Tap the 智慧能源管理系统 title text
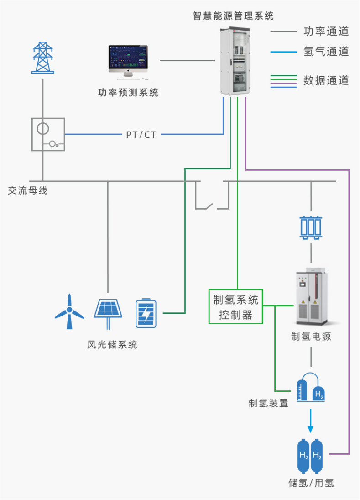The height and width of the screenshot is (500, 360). click(233, 16)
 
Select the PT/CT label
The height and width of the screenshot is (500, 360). click(141, 135)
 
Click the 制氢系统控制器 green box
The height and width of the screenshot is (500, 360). click(236, 306)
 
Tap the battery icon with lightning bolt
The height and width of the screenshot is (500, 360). click(146, 313)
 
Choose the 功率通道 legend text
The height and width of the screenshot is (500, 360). click(326, 32)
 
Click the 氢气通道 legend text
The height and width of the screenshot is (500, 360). click(326, 52)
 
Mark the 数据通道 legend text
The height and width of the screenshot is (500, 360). click(326, 81)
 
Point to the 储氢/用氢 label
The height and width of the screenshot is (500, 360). click(311, 483)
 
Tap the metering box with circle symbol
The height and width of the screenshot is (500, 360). click(48, 134)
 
